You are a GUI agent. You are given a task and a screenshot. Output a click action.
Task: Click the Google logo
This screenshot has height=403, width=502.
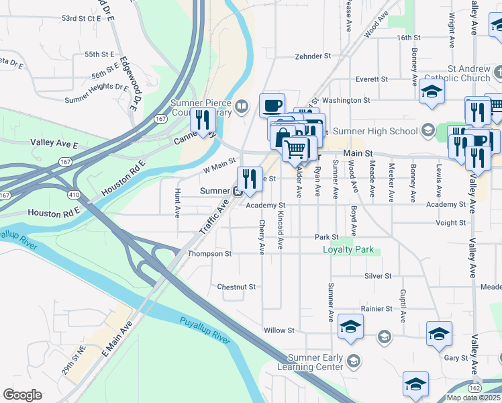click(x=22, y=395)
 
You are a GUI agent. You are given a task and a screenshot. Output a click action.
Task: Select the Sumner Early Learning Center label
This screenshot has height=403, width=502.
click(x=315, y=362)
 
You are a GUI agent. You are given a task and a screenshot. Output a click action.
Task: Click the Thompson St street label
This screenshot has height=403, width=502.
click(x=209, y=254)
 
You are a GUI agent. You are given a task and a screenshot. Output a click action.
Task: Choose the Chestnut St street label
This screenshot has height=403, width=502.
click(x=236, y=286)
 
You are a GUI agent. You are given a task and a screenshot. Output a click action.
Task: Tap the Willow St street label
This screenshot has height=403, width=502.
click(x=279, y=330)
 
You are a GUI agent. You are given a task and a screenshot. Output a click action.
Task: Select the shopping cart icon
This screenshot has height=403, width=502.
click(x=295, y=148)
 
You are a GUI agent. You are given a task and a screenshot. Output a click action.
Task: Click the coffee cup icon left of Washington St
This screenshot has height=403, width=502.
click(x=272, y=105)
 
